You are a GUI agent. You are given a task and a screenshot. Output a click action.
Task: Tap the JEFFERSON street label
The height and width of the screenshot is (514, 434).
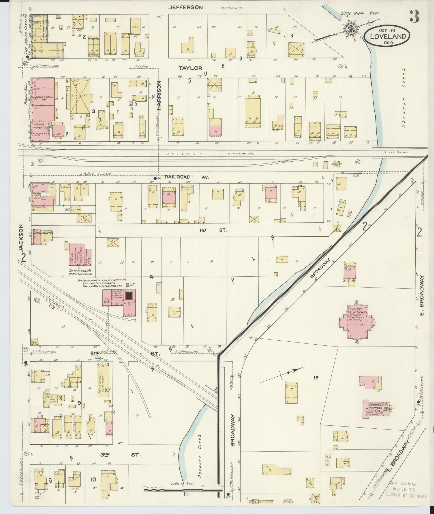186,7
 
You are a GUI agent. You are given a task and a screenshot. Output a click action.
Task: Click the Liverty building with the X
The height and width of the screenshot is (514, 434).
80,96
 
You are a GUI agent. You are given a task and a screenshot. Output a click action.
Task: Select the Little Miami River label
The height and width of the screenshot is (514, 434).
360,13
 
